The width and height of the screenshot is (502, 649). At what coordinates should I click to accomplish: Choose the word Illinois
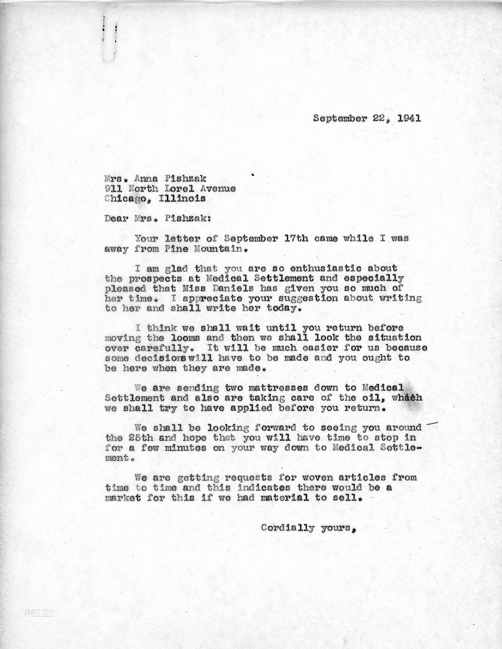point(182,199)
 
